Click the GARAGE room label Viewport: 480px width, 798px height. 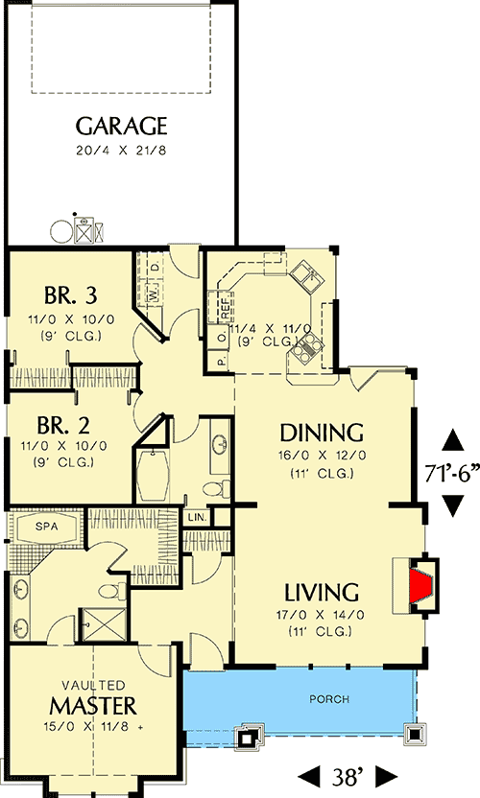121,126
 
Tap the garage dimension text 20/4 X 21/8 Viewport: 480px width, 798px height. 121,151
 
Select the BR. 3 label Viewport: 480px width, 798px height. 70,294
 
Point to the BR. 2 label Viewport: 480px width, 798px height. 63,424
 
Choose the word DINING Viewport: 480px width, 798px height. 322,433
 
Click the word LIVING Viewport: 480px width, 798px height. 321,593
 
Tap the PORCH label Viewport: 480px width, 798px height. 329,699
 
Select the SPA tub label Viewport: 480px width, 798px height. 47,527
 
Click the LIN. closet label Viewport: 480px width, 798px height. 198,518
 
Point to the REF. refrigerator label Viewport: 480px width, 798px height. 224,308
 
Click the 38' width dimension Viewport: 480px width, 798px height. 348,777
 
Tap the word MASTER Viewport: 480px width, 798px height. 93,706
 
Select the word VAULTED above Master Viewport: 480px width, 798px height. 93,685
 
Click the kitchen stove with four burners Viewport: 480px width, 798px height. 306,349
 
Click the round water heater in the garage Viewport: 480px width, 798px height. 61,231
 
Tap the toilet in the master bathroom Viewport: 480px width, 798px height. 112,591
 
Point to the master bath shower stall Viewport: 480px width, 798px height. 104,624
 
